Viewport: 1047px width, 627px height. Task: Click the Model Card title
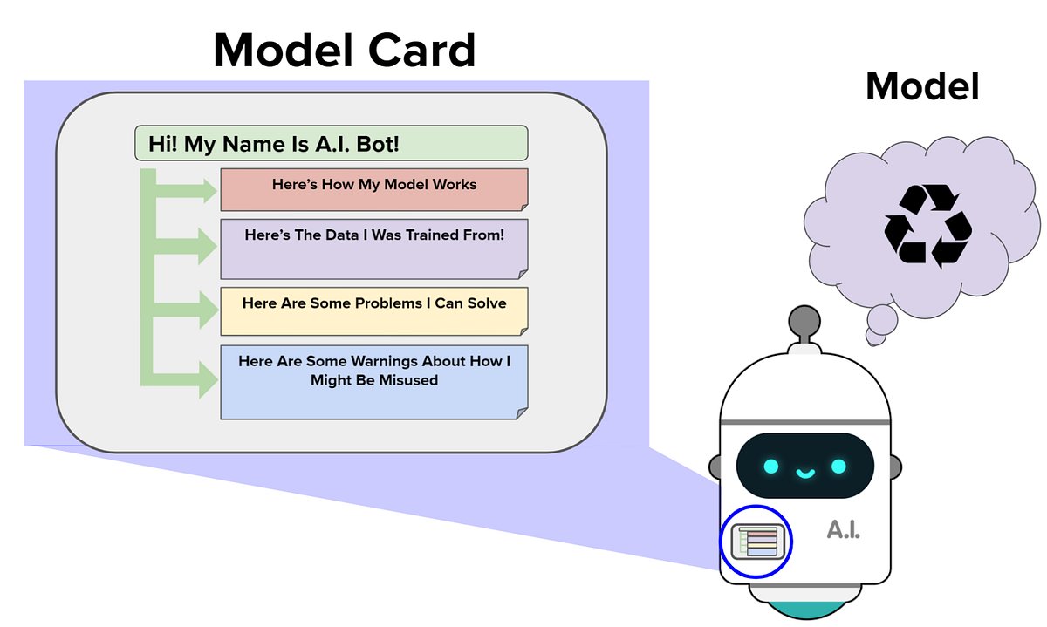[345, 50]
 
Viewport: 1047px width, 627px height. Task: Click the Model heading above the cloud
[922, 86]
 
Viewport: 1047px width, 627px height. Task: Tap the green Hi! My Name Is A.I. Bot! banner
[332, 143]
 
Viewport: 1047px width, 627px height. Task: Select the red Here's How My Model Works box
[373, 189]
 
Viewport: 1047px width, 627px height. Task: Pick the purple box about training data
[373, 249]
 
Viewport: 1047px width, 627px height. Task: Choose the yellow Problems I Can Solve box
[373, 310]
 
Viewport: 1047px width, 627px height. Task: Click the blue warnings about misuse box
[373, 382]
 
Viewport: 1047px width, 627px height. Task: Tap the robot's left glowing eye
[771, 467]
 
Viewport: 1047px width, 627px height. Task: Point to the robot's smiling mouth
[804, 474]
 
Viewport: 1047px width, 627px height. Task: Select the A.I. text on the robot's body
[843, 528]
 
